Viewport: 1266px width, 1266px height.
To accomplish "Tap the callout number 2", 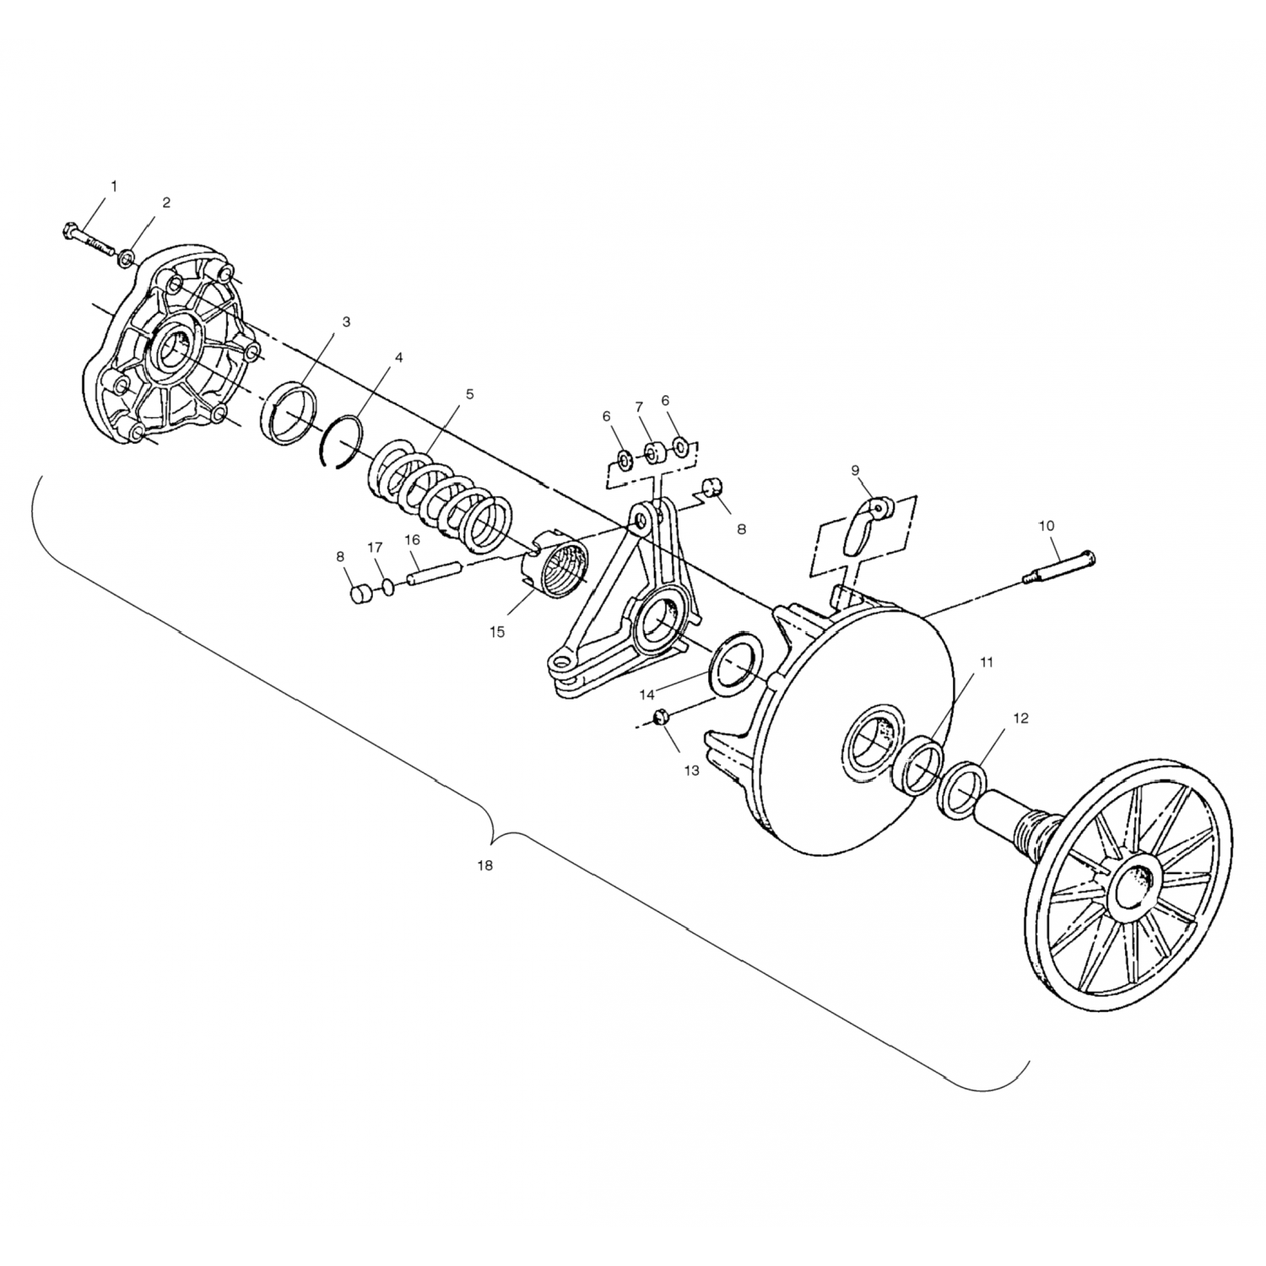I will [166, 203].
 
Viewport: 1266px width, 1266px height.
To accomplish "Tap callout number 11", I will [987, 663].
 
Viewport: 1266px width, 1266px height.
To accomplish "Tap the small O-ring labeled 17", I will [387, 587].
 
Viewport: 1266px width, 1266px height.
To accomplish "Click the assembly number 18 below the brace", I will [484, 865].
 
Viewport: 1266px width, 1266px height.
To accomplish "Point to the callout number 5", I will [469, 394].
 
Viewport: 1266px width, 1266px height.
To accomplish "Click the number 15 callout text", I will [497, 631].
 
